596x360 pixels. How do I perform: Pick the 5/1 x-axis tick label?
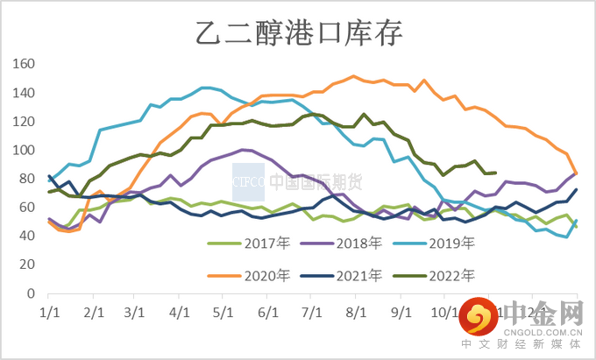pos(223,311)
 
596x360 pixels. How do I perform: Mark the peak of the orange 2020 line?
pos(353,76)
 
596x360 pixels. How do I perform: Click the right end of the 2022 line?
pos(496,173)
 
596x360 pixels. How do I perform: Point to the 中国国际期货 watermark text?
pos(316,182)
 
